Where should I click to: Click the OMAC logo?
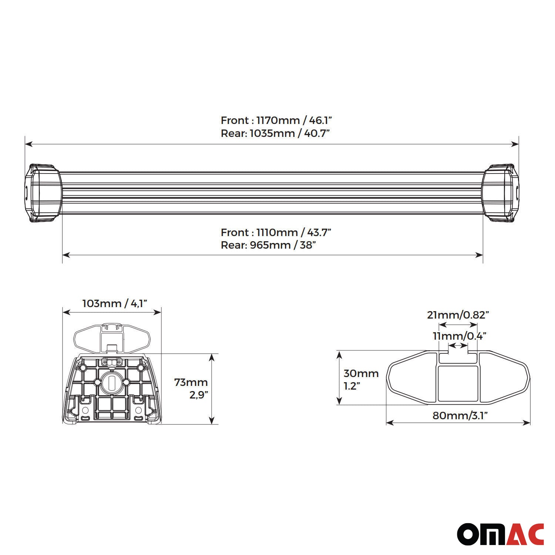click(500, 534)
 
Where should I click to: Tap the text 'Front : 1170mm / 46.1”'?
click(276, 120)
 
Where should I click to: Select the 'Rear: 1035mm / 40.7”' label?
click(275, 133)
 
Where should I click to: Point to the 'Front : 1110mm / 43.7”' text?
click(276, 232)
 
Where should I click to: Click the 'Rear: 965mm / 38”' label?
click(268, 245)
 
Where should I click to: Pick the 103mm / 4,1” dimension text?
click(115, 303)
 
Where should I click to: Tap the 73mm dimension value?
click(191, 382)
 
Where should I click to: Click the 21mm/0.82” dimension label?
click(458, 315)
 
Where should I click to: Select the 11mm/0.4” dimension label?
click(459, 336)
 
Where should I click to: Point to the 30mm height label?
click(361, 374)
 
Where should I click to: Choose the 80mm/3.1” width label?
click(460, 416)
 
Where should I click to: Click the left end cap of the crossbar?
click(43, 193)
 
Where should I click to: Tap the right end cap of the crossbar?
click(501, 193)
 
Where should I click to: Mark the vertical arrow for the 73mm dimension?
click(212, 388)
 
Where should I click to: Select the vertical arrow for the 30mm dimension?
click(339, 377)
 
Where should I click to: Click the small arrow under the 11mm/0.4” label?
click(458, 345)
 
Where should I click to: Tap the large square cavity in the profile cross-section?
click(458, 383)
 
